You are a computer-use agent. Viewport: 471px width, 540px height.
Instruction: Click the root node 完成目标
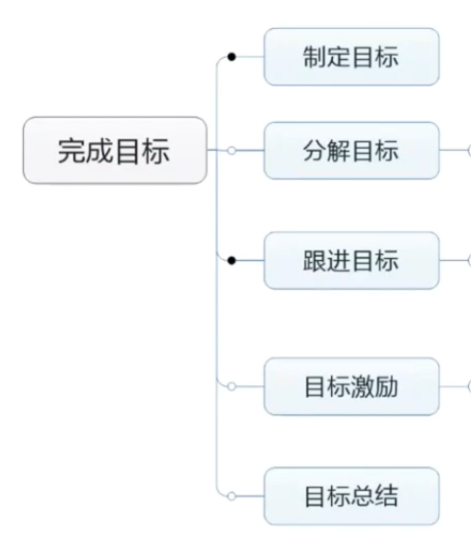click(115, 151)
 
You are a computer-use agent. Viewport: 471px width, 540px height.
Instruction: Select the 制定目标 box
click(351, 57)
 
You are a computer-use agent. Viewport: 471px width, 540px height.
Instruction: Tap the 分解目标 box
click(351, 151)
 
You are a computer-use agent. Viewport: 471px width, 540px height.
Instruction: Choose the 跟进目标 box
click(351, 261)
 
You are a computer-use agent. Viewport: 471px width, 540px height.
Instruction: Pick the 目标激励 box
click(351, 386)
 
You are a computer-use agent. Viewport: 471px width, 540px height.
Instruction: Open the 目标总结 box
click(351, 496)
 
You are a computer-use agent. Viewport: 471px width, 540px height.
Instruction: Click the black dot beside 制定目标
click(232, 57)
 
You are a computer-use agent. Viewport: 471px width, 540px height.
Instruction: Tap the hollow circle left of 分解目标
click(232, 151)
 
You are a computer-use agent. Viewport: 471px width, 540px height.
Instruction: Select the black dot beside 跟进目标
click(232, 261)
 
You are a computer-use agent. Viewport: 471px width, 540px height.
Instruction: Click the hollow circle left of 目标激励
click(232, 386)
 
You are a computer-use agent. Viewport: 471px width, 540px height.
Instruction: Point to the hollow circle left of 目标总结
click(232, 496)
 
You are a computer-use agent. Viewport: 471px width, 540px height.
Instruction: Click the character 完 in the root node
click(71, 151)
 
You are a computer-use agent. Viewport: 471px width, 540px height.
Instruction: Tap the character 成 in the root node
click(99, 151)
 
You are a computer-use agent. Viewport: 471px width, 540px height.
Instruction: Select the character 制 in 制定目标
click(315, 57)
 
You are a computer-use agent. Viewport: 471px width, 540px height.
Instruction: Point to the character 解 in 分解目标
click(339, 151)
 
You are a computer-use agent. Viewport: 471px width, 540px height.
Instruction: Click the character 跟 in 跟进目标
click(315, 261)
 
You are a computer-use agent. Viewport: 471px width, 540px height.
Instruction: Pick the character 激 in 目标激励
click(363, 386)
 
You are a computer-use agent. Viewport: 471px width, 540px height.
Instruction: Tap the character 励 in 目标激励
click(387, 386)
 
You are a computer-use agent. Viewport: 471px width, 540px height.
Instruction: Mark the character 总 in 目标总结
click(363, 497)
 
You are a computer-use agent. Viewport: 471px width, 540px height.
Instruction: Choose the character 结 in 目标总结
click(387, 497)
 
